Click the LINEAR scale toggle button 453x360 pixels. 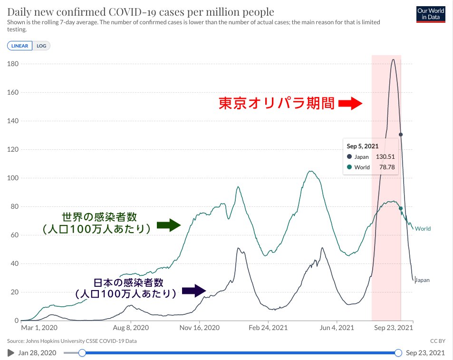tap(20, 46)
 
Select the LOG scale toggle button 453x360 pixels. tap(41, 46)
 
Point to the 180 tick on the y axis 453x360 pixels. tap(13, 64)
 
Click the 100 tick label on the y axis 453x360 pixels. tap(13, 178)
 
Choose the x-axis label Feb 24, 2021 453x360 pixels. tap(268, 328)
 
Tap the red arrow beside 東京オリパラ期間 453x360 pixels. tap(351, 104)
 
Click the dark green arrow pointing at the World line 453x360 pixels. tap(168, 225)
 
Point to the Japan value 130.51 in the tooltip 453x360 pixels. tap(385, 156)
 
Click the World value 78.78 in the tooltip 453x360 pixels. tap(386, 167)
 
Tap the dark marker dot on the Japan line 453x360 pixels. tap(401, 135)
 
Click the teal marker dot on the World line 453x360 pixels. tap(401, 208)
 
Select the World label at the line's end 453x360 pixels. tap(423, 229)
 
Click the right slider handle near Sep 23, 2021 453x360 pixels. tap(398, 352)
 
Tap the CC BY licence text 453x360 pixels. tap(437, 341)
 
